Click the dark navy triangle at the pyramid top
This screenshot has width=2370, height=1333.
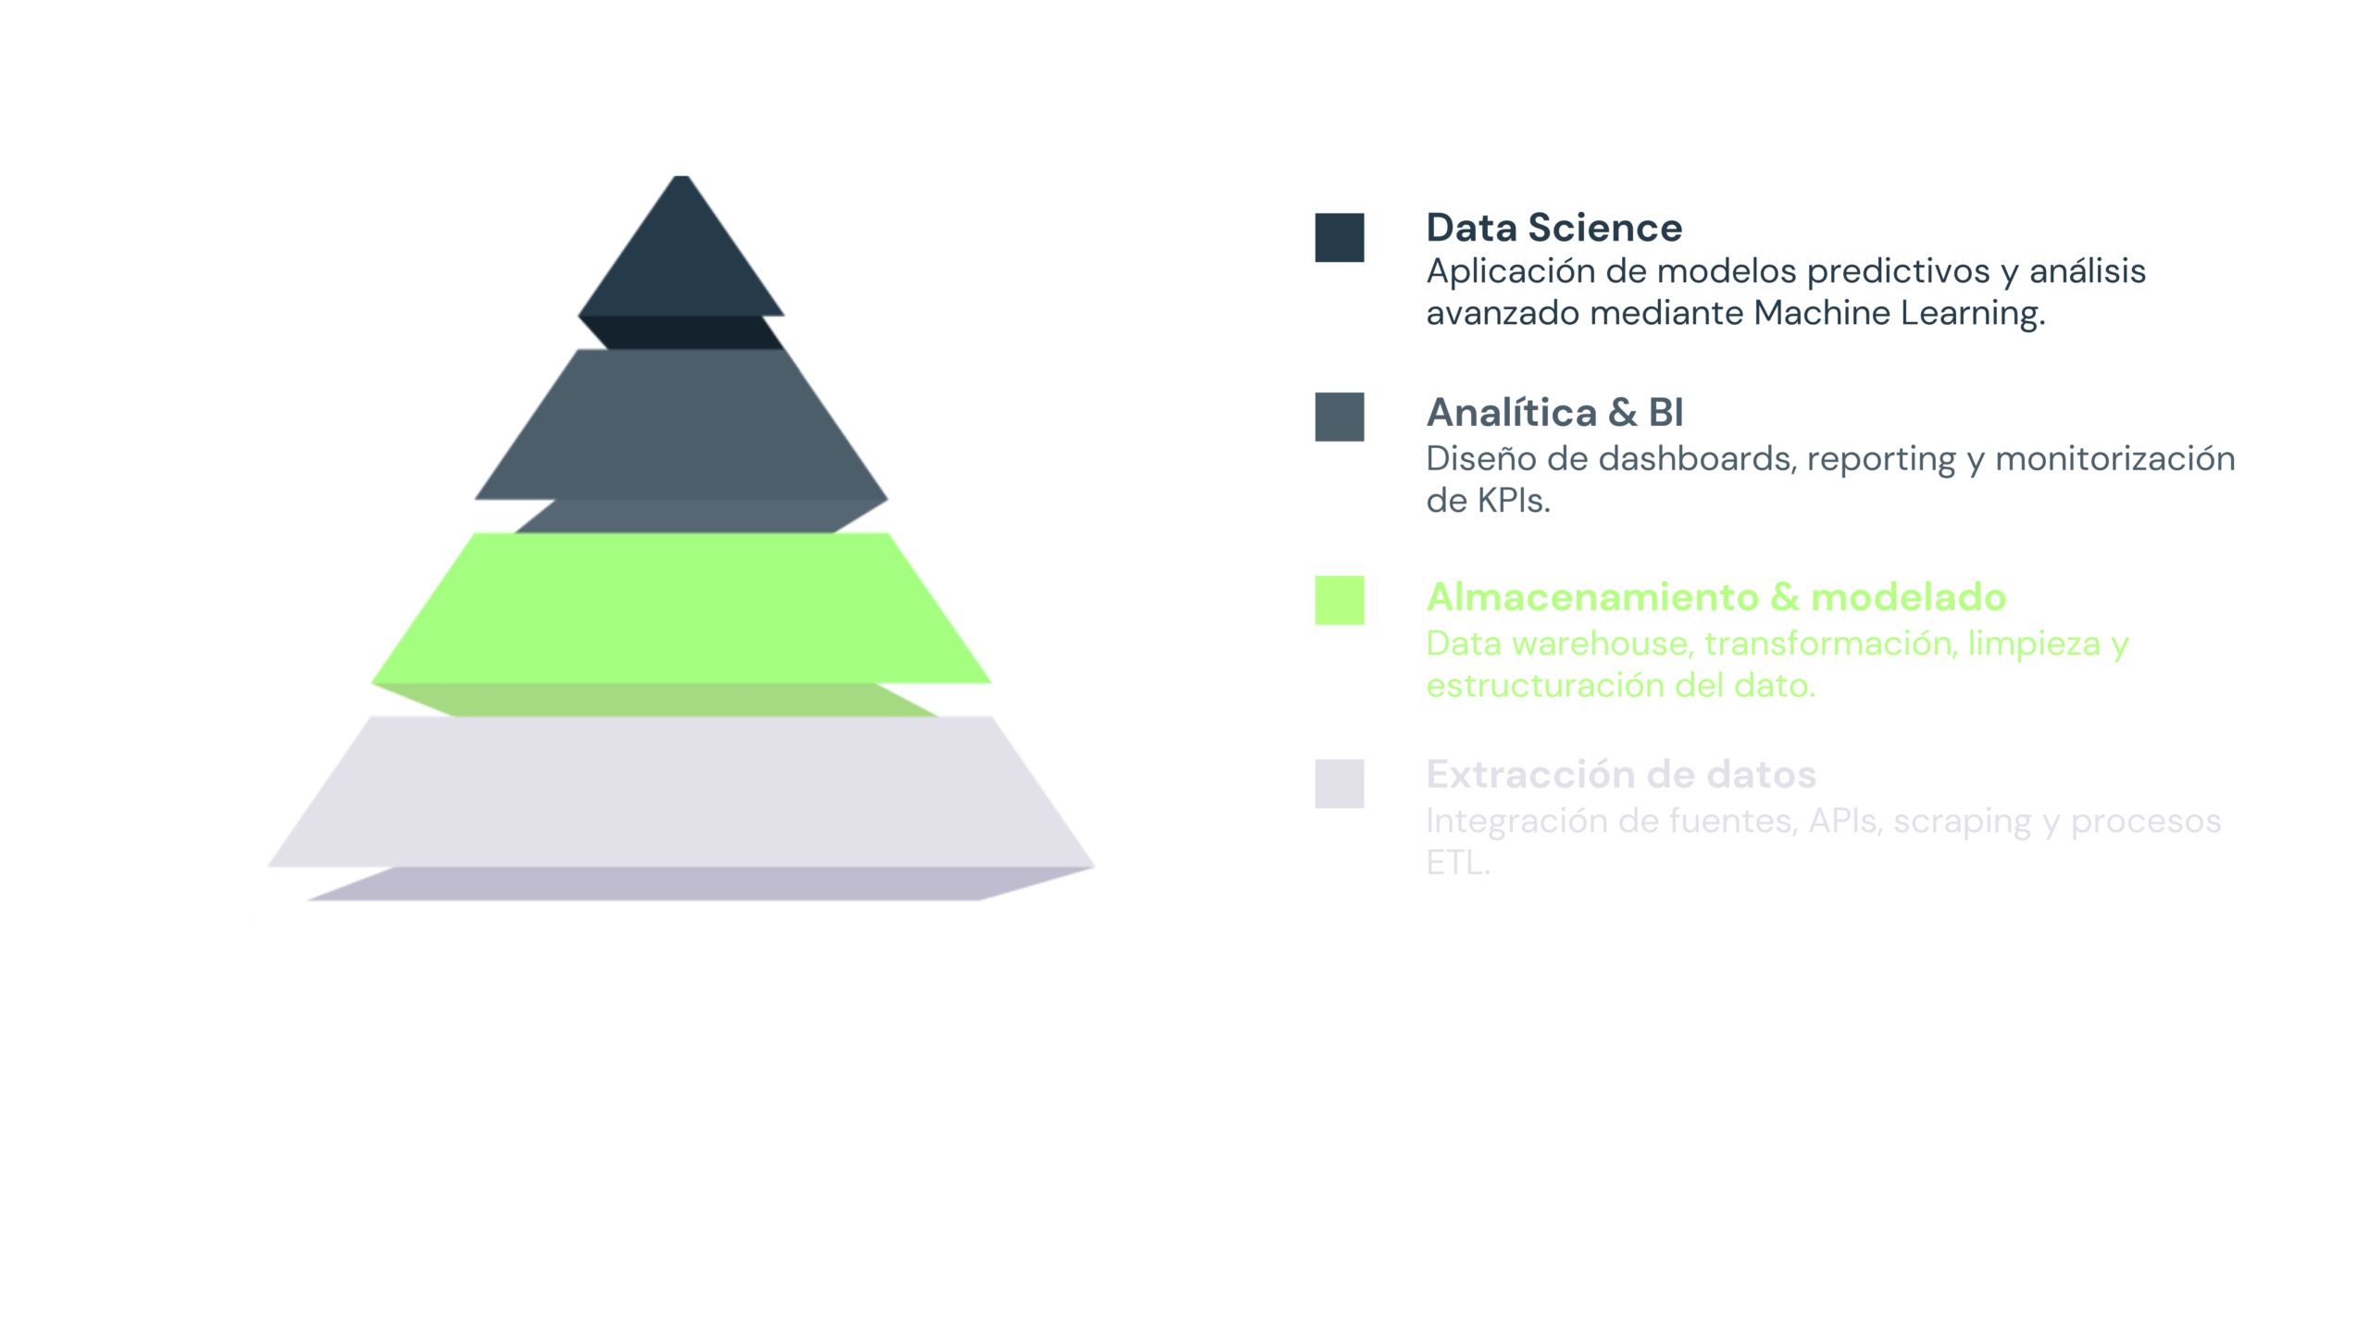point(681,259)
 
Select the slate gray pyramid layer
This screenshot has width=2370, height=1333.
point(681,435)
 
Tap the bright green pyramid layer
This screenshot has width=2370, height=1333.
point(681,616)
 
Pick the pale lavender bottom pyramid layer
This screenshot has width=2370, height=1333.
point(681,801)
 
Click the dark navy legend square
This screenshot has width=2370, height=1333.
point(1340,238)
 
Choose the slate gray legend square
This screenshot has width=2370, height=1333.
point(1340,417)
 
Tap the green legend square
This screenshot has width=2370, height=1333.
point(1340,600)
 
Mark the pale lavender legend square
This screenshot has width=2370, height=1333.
point(1340,783)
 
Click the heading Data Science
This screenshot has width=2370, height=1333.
point(1554,228)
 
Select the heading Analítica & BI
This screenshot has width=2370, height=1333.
point(1555,412)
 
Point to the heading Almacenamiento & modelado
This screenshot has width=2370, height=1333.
point(1716,597)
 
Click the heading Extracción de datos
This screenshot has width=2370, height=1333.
point(1621,774)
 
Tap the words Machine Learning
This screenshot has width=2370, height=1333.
point(1899,313)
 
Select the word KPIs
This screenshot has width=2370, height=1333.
point(1514,501)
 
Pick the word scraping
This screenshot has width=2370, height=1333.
point(1963,822)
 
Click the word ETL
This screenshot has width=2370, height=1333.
point(1458,863)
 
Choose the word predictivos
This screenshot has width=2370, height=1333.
point(1899,271)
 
